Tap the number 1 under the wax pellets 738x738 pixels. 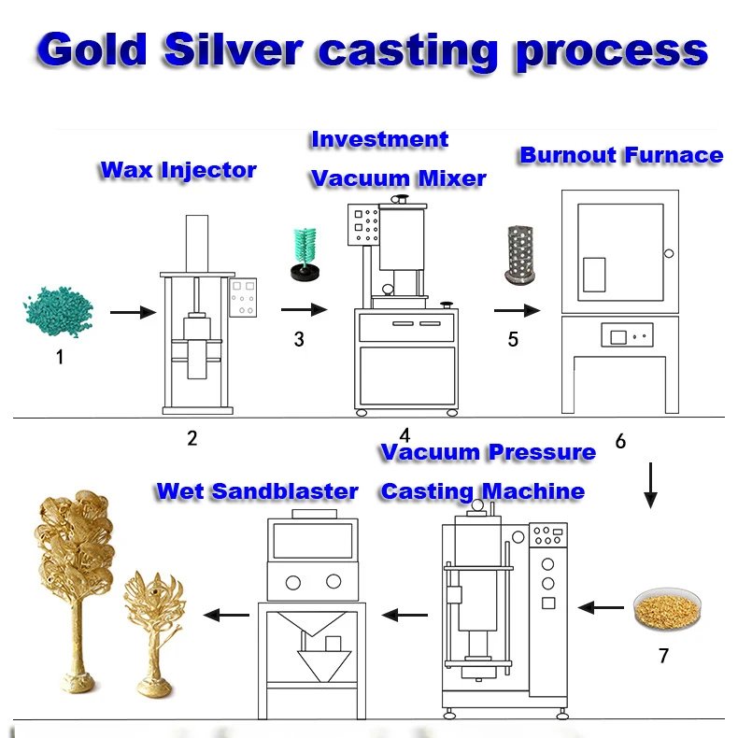[60, 356]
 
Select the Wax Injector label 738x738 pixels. [177, 170]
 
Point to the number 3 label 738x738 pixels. [299, 339]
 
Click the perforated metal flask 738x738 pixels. [513, 254]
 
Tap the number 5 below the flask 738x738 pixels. [513, 339]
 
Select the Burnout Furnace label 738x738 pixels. [621, 155]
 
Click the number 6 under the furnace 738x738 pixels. [620, 441]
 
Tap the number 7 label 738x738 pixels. [663, 656]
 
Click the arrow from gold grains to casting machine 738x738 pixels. [600, 608]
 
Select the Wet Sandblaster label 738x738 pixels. [257, 491]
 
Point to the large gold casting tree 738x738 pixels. [72, 579]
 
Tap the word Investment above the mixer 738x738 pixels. [379, 140]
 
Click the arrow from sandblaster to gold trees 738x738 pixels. [225, 615]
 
